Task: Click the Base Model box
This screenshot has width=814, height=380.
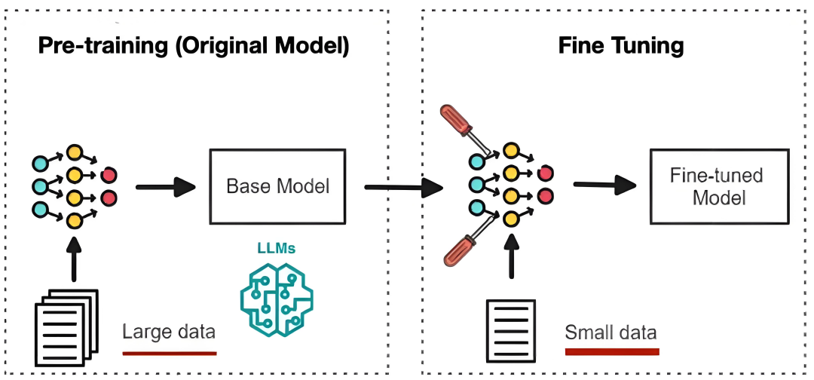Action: (x=278, y=185)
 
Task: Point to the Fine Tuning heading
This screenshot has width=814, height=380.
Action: (x=620, y=45)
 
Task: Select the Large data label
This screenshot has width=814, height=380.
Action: (x=169, y=332)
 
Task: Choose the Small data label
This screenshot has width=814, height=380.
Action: (x=610, y=332)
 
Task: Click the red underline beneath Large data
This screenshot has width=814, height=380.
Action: (x=169, y=352)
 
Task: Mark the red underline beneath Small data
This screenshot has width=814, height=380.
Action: (x=611, y=351)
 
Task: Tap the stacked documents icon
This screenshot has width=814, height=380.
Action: (x=67, y=324)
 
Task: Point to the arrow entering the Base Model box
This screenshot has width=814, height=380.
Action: (x=165, y=186)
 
